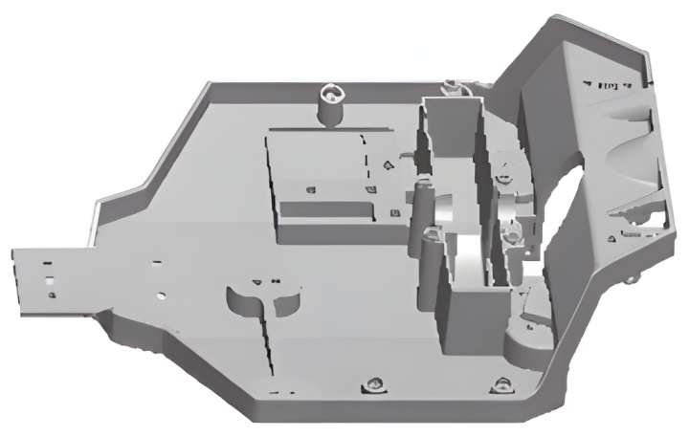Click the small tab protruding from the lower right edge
pyautogui.click(x=632, y=279)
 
